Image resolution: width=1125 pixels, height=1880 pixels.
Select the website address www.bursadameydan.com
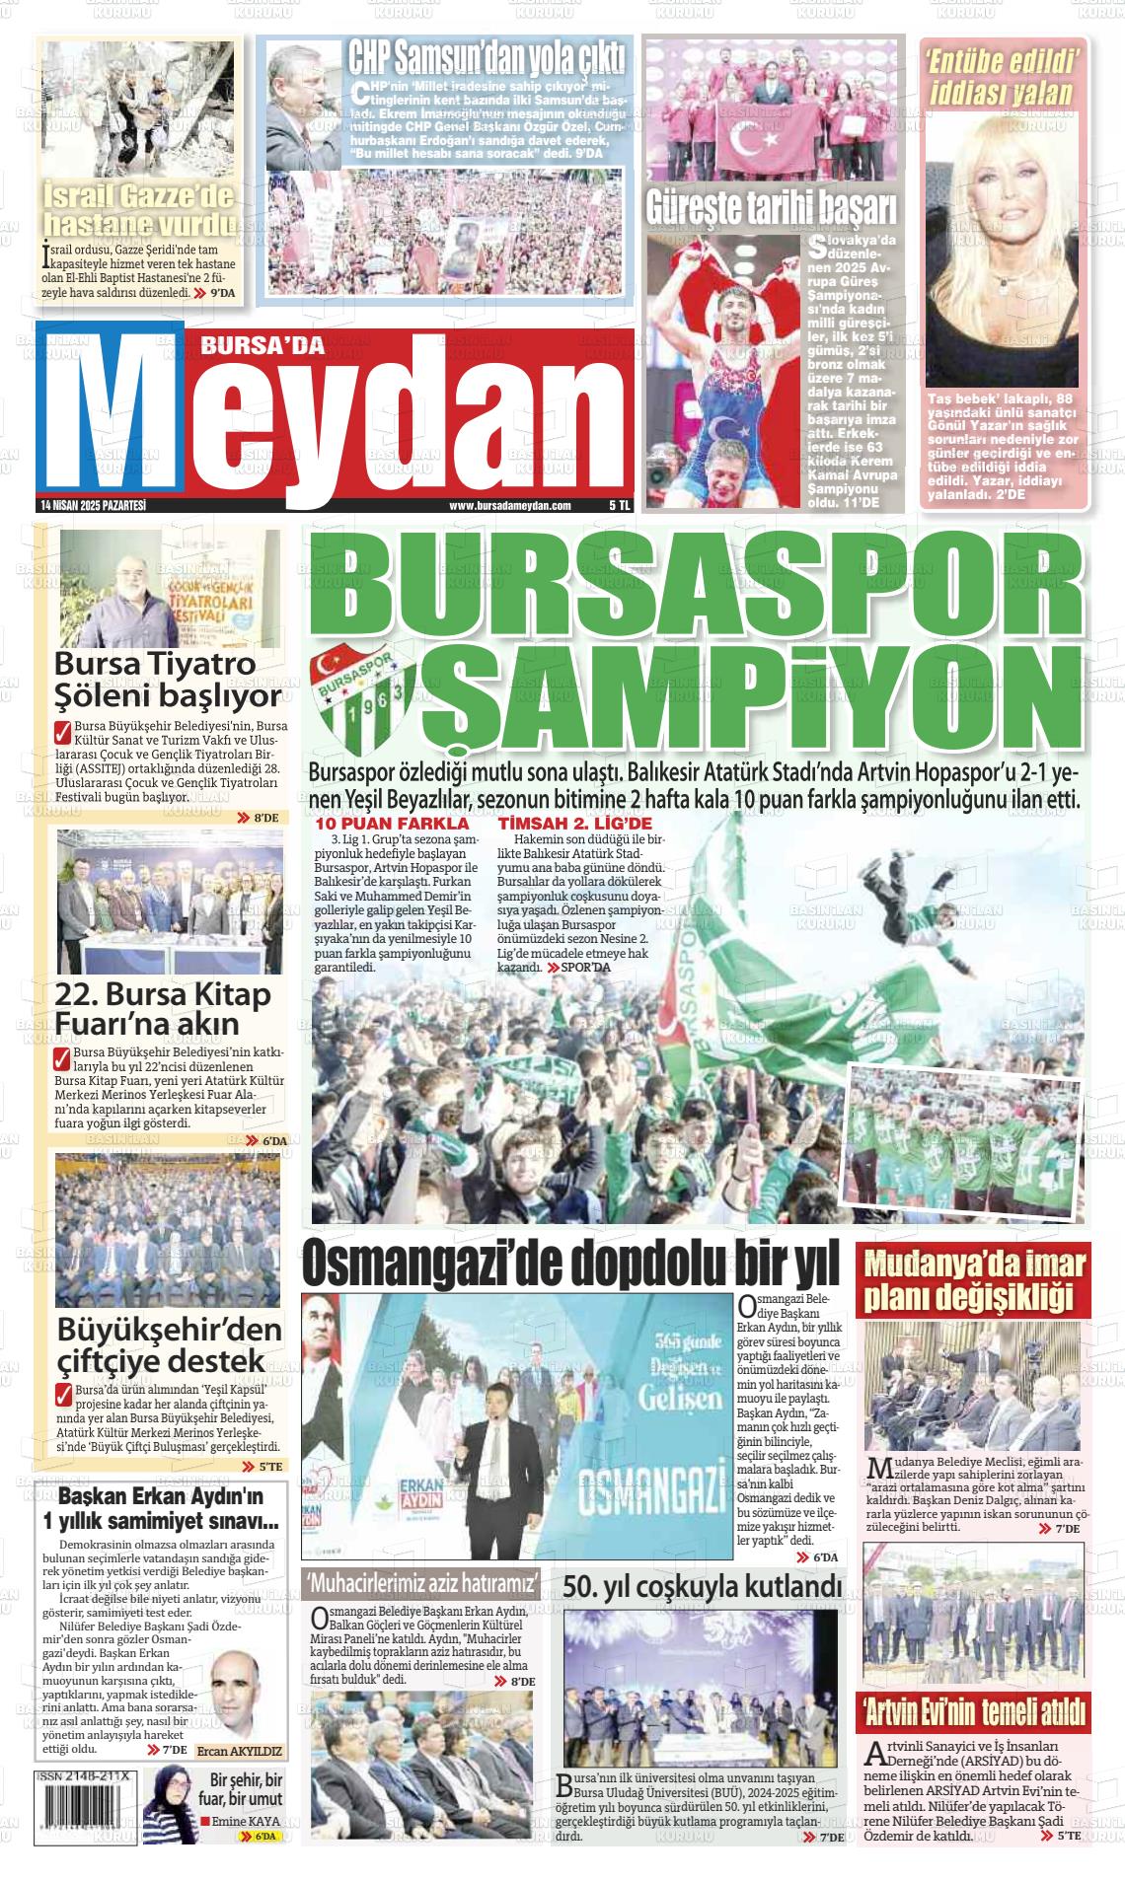tap(510, 505)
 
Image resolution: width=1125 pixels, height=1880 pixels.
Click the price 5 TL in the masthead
tap(620, 505)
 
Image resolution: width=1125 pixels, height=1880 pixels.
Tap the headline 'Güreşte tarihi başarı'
tap(771, 207)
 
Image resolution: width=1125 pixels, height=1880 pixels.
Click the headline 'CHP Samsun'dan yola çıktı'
tap(486, 58)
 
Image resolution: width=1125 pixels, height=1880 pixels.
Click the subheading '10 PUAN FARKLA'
tap(392, 824)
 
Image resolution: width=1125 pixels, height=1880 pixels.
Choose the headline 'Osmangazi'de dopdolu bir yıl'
tap(569, 1263)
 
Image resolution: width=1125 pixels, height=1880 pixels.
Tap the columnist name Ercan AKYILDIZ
tap(240, 1752)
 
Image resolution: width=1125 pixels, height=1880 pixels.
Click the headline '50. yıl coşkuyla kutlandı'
tap(702, 1586)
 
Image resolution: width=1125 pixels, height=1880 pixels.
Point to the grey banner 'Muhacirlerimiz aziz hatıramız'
tap(423, 1583)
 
